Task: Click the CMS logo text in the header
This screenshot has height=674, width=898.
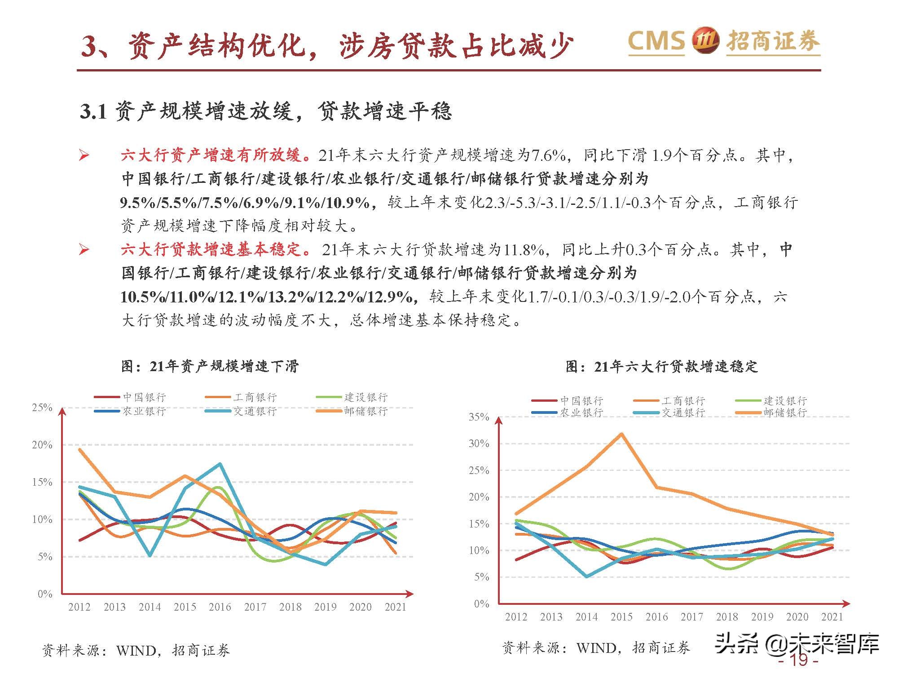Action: click(656, 41)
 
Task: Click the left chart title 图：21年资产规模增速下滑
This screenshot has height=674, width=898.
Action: click(210, 366)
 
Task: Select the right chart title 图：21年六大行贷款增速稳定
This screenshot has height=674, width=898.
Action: click(661, 367)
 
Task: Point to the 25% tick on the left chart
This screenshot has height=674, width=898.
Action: click(42, 408)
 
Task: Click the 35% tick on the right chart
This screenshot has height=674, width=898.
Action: click(479, 417)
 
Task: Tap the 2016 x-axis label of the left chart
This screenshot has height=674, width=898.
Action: click(220, 607)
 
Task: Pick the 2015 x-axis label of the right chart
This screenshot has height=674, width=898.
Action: click(621, 617)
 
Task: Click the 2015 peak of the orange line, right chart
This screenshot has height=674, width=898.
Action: click(621, 434)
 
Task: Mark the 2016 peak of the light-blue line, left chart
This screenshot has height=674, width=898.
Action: click(220, 464)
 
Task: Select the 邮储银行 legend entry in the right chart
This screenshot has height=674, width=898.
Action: click(785, 412)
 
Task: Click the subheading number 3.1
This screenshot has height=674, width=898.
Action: click(93, 111)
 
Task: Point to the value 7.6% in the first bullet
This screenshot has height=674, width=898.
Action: click(549, 155)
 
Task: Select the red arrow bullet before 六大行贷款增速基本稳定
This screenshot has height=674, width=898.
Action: click(84, 249)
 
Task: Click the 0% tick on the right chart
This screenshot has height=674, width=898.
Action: click(481, 603)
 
